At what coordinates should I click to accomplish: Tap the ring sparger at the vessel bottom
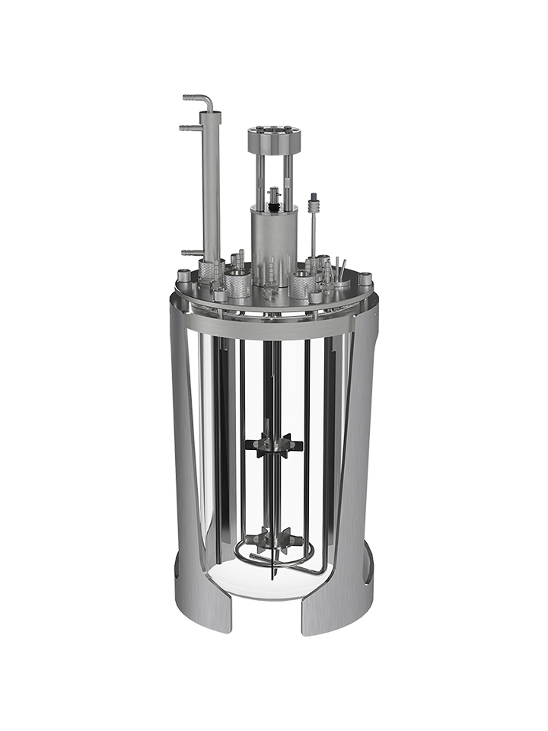(259, 562)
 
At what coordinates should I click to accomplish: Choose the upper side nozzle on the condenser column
(190, 128)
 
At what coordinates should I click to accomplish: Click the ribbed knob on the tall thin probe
(312, 203)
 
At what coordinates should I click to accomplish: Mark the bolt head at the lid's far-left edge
(183, 276)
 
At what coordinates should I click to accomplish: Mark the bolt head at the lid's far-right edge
(365, 279)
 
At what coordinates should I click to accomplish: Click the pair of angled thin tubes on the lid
(339, 268)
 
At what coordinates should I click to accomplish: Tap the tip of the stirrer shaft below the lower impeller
(272, 574)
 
